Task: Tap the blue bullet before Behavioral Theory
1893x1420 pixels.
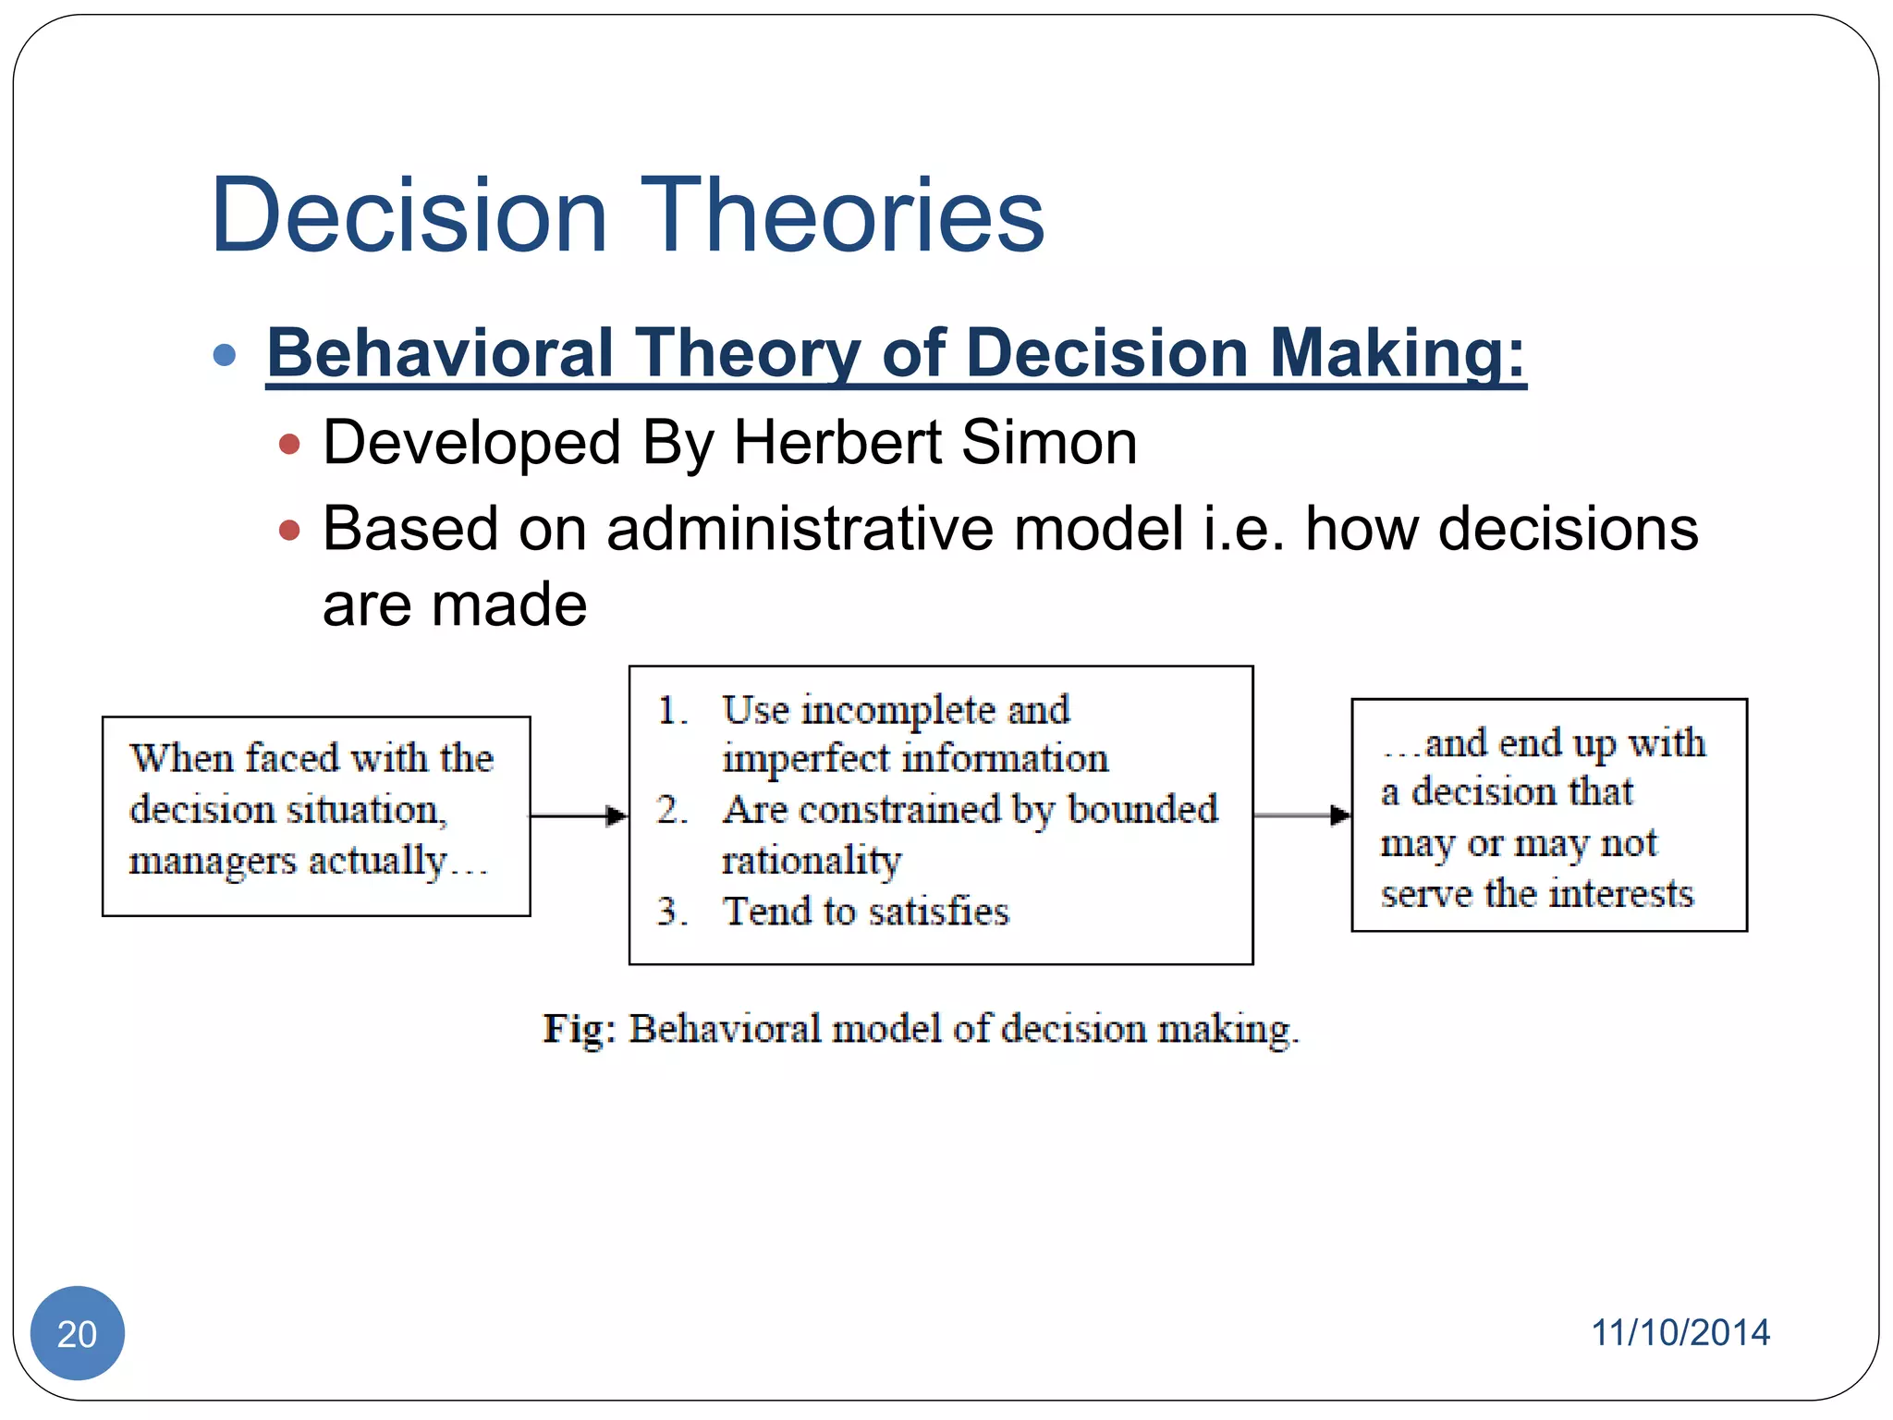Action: pos(225,355)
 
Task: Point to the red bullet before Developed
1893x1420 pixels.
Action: pos(289,445)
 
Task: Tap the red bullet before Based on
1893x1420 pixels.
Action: pos(289,531)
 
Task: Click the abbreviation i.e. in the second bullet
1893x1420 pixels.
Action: pos(1243,529)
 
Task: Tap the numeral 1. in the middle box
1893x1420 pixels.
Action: pos(672,711)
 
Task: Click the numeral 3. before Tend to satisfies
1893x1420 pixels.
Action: pos(672,912)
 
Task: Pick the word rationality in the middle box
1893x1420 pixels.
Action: pos(811,861)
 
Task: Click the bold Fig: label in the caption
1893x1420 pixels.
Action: pos(579,1029)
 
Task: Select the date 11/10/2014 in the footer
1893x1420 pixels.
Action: pos(1679,1333)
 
